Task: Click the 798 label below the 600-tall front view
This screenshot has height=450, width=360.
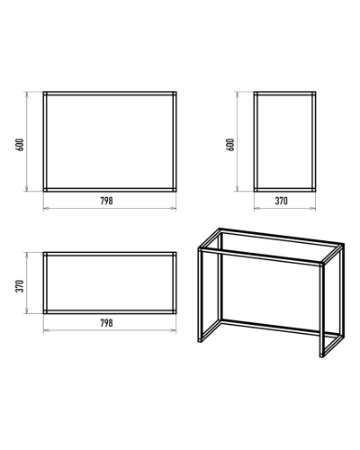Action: coord(106,201)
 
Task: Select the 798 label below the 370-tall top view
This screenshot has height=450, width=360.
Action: coord(106,323)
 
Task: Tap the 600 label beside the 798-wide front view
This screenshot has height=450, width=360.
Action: coord(20,145)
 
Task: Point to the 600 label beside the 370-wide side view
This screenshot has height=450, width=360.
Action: coord(230,145)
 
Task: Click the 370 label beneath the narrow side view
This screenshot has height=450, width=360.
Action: coord(281,201)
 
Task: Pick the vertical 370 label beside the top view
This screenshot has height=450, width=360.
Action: coord(20,286)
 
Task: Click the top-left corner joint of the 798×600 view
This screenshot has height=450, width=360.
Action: coord(45,94)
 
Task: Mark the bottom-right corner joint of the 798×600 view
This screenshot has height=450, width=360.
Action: coord(175,190)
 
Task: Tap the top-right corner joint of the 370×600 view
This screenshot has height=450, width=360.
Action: coord(313,94)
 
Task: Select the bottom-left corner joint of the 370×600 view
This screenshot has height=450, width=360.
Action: coord(256,190)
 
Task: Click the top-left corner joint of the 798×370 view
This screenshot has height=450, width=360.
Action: coord(45,254)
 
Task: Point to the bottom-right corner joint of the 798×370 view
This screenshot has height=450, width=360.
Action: coord(175,312)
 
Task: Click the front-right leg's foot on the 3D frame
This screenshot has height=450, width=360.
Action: coord(321,355)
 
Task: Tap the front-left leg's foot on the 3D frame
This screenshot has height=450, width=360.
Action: coord(200,340)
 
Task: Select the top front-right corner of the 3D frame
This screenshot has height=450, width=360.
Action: coord(321,265)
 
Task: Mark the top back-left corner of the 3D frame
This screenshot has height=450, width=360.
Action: coord(220,230)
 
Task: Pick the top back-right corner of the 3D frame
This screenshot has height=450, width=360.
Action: coord(342,245)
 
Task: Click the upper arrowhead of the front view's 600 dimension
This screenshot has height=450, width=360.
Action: coord(27,94)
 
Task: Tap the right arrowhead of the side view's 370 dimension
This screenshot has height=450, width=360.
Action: coord(313,208)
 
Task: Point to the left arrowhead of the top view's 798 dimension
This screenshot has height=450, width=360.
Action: coord(46,330)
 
